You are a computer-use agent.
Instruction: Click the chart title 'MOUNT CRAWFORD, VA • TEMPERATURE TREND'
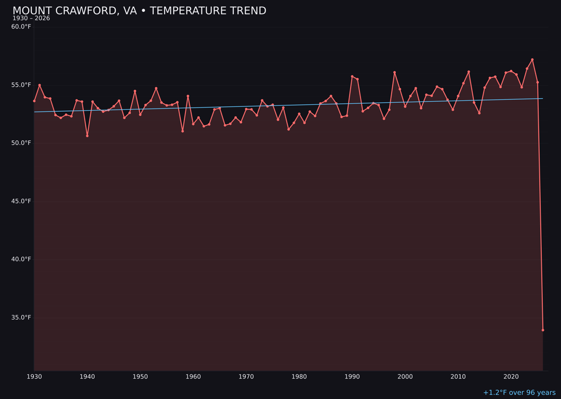(x=139, y=11)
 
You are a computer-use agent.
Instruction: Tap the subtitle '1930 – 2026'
(x=31, y=19)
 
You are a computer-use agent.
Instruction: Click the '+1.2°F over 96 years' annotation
(x=519, y=393)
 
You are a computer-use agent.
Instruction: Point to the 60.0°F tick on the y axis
(x=21, y=26)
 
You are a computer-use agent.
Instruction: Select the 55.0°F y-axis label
(x=21, y=85)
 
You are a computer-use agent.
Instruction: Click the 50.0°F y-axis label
(x=21, y=143)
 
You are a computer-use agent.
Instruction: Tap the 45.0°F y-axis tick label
(x=21, y=201)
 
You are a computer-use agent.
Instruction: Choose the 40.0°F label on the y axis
(x=21, y=259)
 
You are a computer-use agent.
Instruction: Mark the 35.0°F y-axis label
(x=21, y=317)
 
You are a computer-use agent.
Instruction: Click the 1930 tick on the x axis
(x=34, y=377)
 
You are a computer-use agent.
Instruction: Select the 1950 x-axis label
(x=140, y=377)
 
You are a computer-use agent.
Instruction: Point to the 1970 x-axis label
(x=246, y=377)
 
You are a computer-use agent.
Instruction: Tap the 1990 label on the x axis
(x=352, y=377)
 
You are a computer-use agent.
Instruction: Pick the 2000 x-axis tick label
(x=405, y=377)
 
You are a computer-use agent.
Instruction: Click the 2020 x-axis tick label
(x=511, y=377)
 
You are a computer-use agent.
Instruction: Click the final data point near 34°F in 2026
(x=543, y=330)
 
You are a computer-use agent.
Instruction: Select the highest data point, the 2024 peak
(x=532, y=59)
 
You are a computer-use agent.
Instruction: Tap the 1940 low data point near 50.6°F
(x=87, y=136)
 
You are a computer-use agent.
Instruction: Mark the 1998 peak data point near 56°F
(x=394, y=72)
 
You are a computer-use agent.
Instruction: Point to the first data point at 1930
(x=34, y=101)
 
